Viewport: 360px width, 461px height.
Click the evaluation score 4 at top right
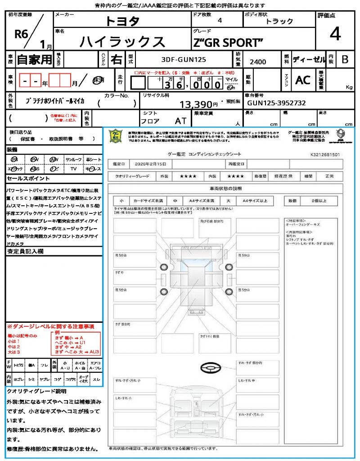335,34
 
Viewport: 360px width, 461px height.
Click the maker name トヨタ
122,21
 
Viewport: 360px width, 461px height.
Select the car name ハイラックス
122,41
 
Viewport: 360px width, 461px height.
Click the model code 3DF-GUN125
184,59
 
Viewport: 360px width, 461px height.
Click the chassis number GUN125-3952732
276,103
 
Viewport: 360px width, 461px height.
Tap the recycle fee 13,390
198,104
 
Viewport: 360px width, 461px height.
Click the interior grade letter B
345,59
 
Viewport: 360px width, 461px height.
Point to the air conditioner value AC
302,80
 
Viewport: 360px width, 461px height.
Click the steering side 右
117,59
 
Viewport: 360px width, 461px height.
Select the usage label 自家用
34,59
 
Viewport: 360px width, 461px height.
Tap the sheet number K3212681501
325,154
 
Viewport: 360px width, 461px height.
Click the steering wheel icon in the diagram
209,368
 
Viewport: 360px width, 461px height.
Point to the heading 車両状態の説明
225,188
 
